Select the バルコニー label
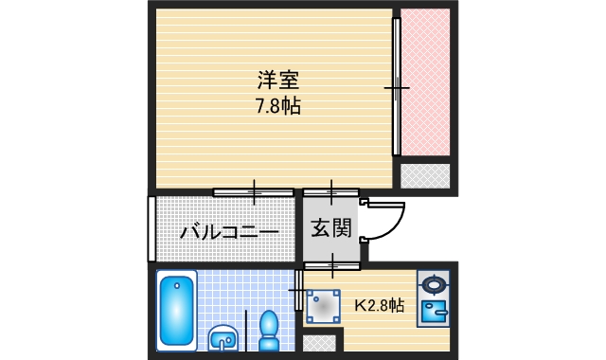coord(228,230)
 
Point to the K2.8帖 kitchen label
coord(380,306)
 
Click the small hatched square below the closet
coord(424,175)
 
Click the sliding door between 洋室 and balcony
coord(253,192)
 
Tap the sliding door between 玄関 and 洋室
coord(330,192)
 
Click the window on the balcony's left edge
coord(151,228)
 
